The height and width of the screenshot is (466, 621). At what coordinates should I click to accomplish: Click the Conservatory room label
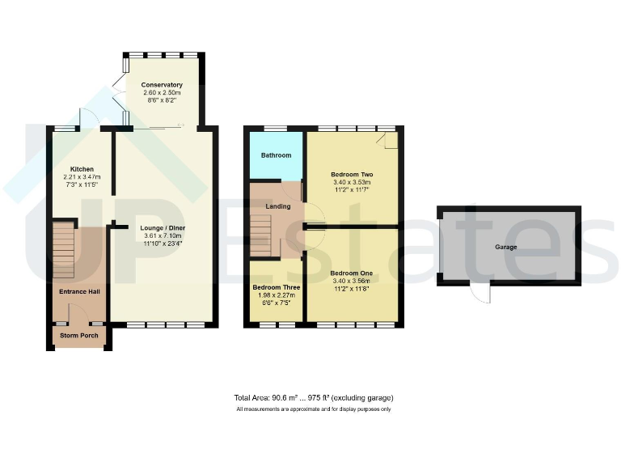click(x=162, y=84)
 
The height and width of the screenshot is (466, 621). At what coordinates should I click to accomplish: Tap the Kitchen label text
click(x=81, y=169)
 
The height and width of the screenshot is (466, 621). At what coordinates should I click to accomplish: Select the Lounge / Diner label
click(x=162, y=227)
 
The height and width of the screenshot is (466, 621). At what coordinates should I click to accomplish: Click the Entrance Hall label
click(x=78, y=291)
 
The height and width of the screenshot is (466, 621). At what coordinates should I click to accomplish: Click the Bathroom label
click(x=276, y=155)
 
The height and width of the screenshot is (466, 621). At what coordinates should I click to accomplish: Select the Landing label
click(x=277, y=207)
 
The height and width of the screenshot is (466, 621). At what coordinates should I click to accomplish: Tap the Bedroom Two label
click(x=352, y=175)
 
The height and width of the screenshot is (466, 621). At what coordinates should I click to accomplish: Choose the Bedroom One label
click(x=352, y=273)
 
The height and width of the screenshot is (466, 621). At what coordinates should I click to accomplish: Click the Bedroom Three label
click(x=276, y=287)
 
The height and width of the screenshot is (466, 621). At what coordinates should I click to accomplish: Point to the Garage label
click(x=506, y=247)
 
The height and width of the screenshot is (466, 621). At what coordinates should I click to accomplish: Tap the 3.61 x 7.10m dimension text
click(x=162, y=235)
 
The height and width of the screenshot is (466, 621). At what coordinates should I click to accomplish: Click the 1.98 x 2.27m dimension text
click(x=276, y=295)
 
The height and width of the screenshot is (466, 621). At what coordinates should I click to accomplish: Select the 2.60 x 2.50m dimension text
click(x=162, y=92)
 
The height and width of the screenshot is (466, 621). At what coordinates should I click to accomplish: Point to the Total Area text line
click(x=314, y=398)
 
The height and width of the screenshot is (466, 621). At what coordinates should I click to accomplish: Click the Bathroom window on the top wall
click(x=276, y=129)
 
